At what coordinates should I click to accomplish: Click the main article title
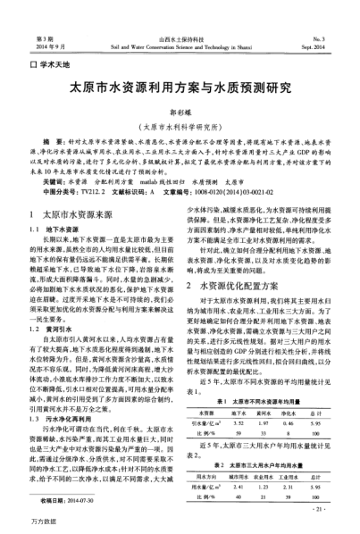tap(180, 90)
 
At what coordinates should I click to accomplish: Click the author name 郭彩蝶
tap(180, 114)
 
